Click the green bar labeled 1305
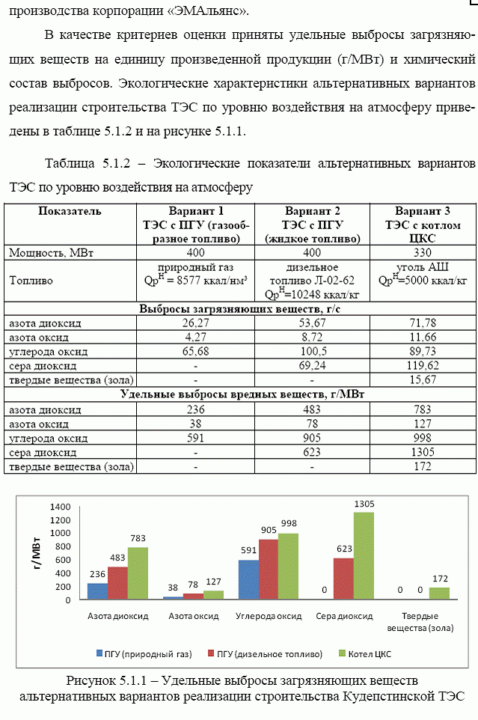(x=364, y=555)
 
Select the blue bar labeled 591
(x=248, y=580)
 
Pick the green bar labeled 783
(x=138, y=573)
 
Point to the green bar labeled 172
(x=438, y=593)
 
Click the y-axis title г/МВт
(x=35, y=555)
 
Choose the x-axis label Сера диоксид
(x=343, y=617)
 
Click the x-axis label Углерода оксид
(x=268, y=617)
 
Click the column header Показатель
(x=70, y=211)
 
